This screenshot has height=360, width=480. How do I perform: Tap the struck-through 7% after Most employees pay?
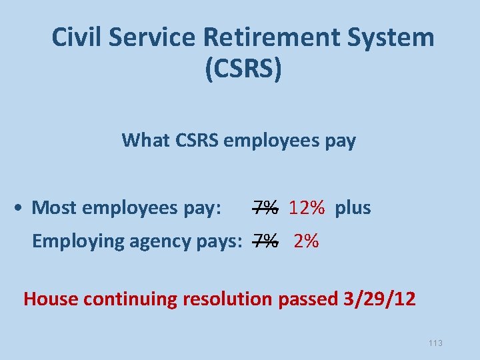(x=265, y=208)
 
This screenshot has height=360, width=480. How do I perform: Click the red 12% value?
(x=307, y=208)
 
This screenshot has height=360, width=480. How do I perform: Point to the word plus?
(x=353, y=208)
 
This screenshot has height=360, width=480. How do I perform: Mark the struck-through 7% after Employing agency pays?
(x=265, y=241)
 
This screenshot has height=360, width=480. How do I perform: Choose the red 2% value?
(x=306, y=241)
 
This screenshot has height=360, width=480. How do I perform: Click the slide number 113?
(x=435, y=343)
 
